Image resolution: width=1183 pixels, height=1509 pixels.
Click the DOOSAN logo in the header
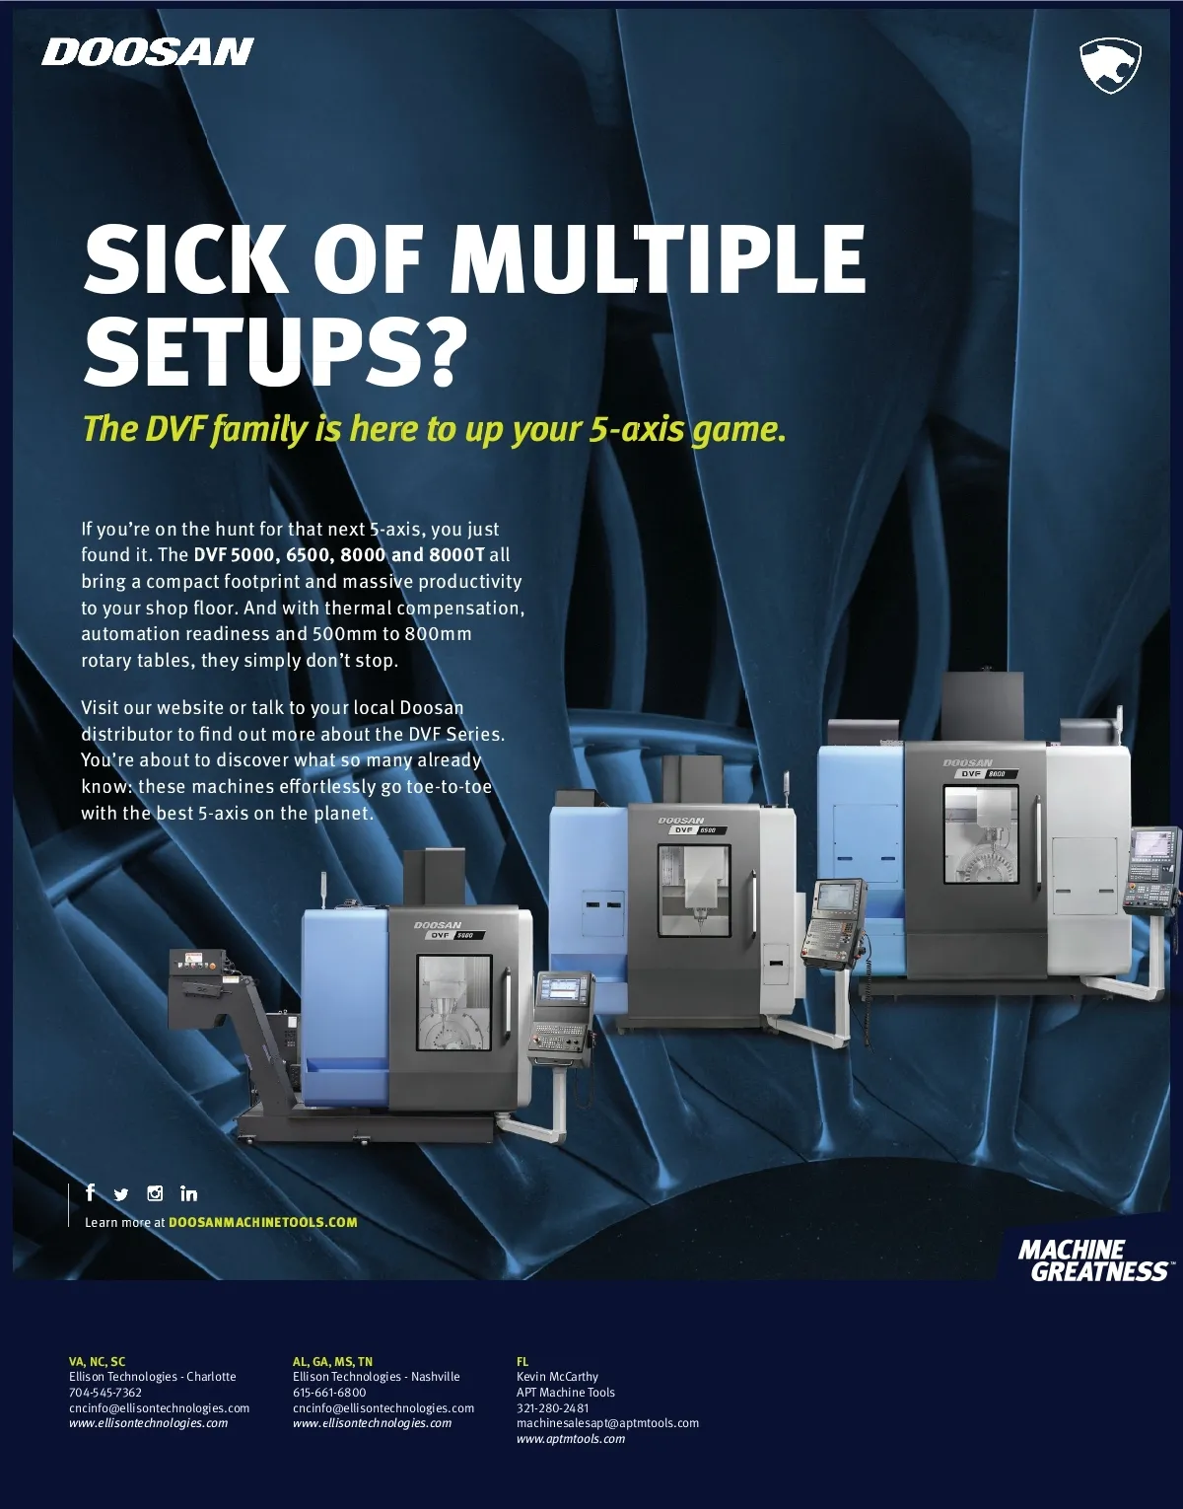(x=148, y=52)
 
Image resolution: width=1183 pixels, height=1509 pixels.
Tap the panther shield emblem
(x=1110, y=65)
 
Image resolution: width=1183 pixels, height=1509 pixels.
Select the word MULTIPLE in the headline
(x=661, y=259)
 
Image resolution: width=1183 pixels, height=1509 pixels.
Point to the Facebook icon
(x=90, y=1192)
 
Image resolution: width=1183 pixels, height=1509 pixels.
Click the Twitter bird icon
(x=120, y=1194)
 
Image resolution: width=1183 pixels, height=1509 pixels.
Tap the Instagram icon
(x=155, y=1193)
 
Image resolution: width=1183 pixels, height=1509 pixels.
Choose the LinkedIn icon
(x=188, y=1193)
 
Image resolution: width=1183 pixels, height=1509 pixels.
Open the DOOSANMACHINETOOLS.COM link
(x=263, y=1222)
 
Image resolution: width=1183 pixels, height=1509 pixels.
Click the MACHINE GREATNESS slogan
(x=1093, y=1260)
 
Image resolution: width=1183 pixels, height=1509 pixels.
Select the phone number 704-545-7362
(x=105, y=1393)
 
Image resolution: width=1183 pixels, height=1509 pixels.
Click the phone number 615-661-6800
(x=329, y=1393)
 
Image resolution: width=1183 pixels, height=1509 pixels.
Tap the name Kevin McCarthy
(x=557, y=1377)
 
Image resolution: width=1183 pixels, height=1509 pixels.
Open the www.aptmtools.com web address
(x=571, y=1439)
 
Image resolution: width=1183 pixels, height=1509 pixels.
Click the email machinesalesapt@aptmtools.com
(x=608, y=1423)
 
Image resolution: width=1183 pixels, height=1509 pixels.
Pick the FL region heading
(x=522, y=1362)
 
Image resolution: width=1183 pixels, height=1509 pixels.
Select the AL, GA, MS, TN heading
(x=332, y=1362)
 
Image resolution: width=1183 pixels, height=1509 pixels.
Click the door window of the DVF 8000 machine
(x=981, y=834)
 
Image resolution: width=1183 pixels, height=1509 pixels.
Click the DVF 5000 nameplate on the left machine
(x=454, y=935)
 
